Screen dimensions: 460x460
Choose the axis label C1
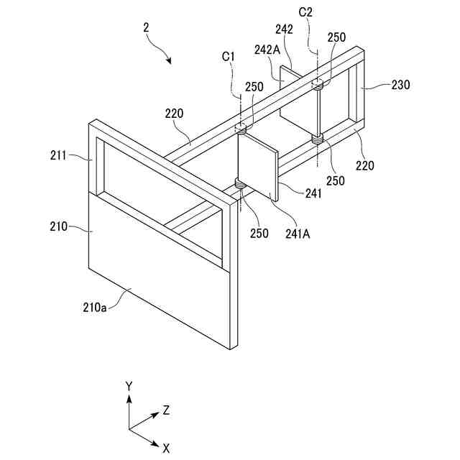(x=228, y=55)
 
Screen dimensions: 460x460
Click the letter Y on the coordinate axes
(x=129, y=387)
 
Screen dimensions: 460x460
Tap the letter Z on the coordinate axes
(x=166, y=410)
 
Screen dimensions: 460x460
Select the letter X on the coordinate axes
(x=166, y=447)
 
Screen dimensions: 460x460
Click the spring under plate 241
(x=239, y=188)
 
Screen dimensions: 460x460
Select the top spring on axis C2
(x=318, y=86)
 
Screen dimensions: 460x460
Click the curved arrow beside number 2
(x=163, y=52)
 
